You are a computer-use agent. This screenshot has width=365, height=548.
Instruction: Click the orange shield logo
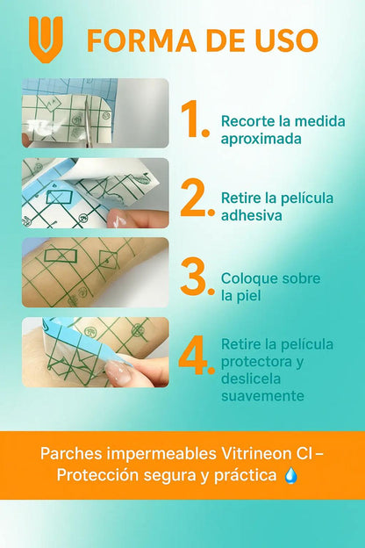(46, 40)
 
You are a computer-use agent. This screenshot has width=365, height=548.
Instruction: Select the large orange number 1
(190, 119)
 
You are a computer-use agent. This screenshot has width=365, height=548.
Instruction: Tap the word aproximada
(261, 139)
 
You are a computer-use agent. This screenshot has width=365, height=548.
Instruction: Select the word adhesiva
(252, 215)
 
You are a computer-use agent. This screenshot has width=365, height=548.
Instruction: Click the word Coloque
(248, 279)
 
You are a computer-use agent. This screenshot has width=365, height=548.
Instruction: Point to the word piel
(247, 296)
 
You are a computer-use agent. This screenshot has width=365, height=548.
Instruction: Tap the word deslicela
(251, 379)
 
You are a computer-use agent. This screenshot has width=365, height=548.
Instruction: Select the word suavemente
(262, 396)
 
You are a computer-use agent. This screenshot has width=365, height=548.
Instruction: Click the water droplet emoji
(291, 476)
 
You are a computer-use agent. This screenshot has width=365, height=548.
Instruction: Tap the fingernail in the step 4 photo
(118, 371)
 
